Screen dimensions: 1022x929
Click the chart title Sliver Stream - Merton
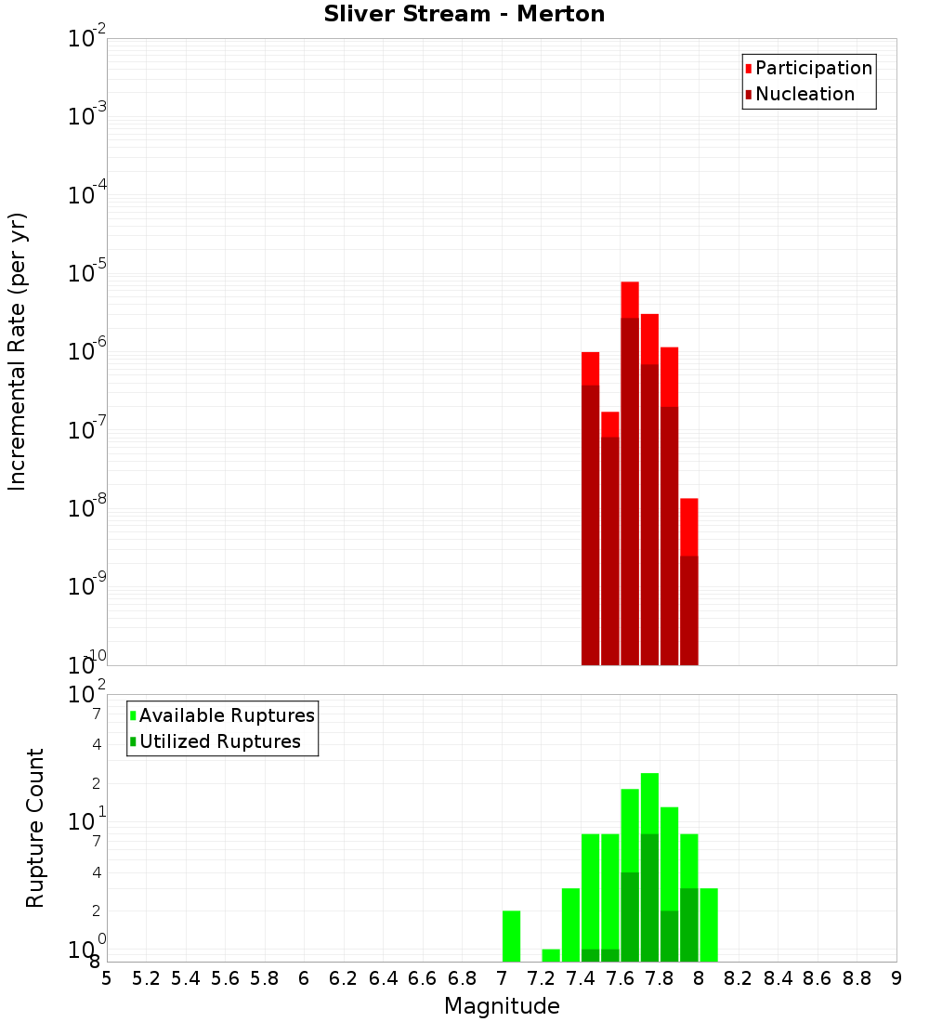click(x=464, y=14)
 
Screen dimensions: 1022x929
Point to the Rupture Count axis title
click(x=35, y=828)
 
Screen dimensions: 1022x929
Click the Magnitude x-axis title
click(x=502, y=1006)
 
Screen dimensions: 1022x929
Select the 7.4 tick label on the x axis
click(x=581, y=978)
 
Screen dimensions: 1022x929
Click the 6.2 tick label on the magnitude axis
click(x=344, y=978)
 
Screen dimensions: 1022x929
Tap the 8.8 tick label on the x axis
click(x=857, y=978)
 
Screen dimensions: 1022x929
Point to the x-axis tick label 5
click(x=107, y=978)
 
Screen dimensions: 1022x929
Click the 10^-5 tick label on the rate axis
click(x=87, y=273)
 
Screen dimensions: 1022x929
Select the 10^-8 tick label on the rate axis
click(x=87, y=508)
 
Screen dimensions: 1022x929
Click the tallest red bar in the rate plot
click(x=630, y=465)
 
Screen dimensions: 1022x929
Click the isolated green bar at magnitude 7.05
click(x=511, y=937)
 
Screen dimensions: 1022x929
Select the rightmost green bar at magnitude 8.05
click(x=709, y=924)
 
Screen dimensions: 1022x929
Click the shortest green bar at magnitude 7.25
click(x=551, y=955)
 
